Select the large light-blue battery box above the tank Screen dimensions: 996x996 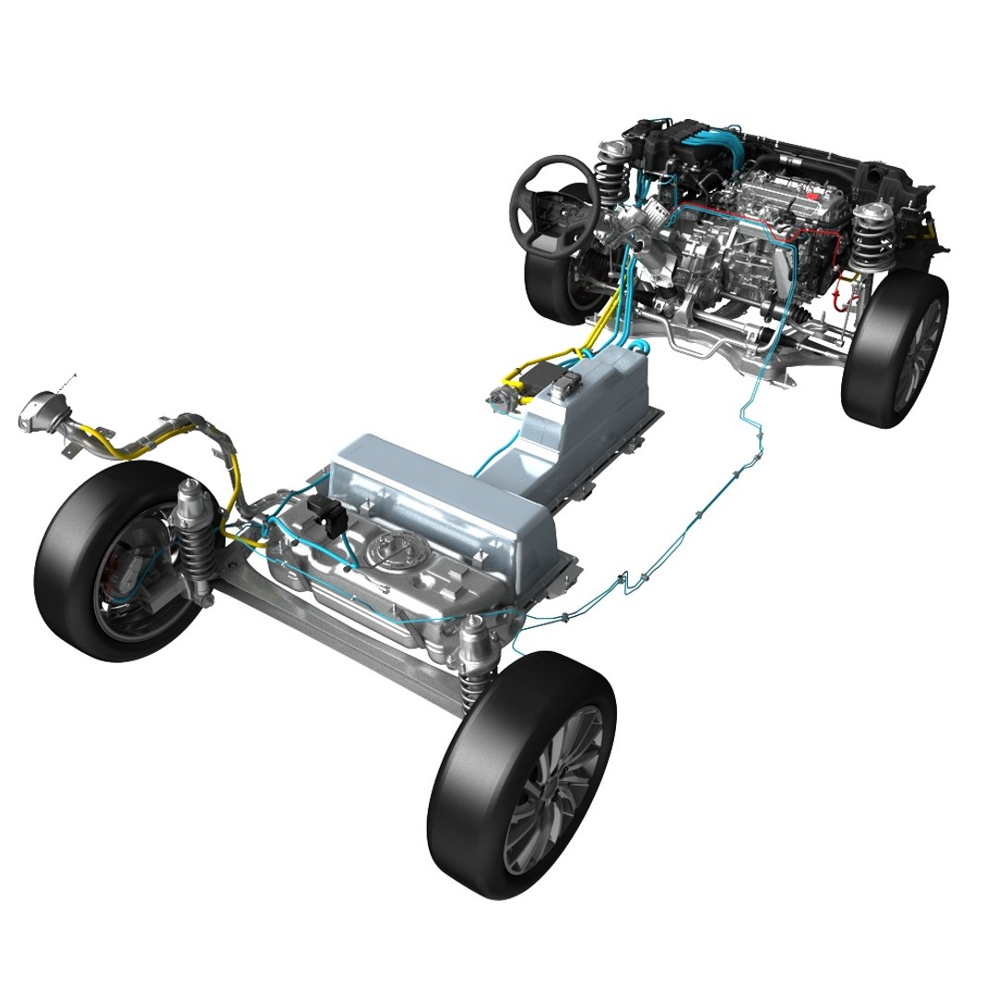(x=443, y=498)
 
